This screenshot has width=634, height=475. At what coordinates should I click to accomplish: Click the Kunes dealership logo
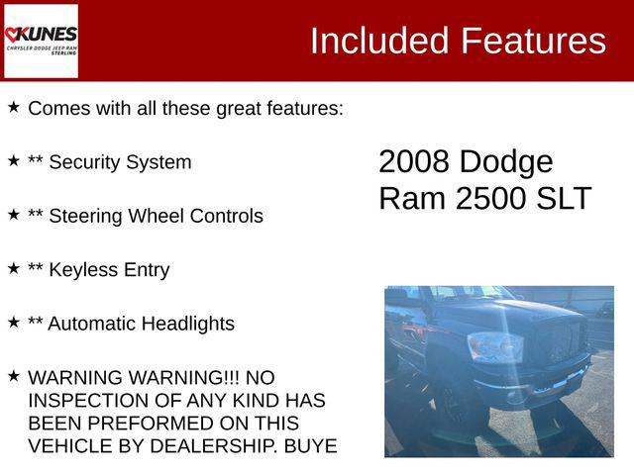click(x=41, y=41)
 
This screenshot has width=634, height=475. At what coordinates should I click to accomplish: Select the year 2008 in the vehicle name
click(x=414, y=162)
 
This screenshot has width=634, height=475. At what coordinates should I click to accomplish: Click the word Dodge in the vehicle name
click(x=506, y=162)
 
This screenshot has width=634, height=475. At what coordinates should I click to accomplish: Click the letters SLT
click(x=563, y=198)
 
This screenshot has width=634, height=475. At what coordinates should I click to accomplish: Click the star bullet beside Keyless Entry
click(x=14, y=267)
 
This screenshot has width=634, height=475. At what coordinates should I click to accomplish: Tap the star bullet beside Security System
click(x=14, y=159)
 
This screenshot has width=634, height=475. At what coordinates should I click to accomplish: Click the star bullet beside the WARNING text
click(x=14, y=375)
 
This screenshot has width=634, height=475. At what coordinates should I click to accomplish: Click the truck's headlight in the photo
click(x=495, y=346)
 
